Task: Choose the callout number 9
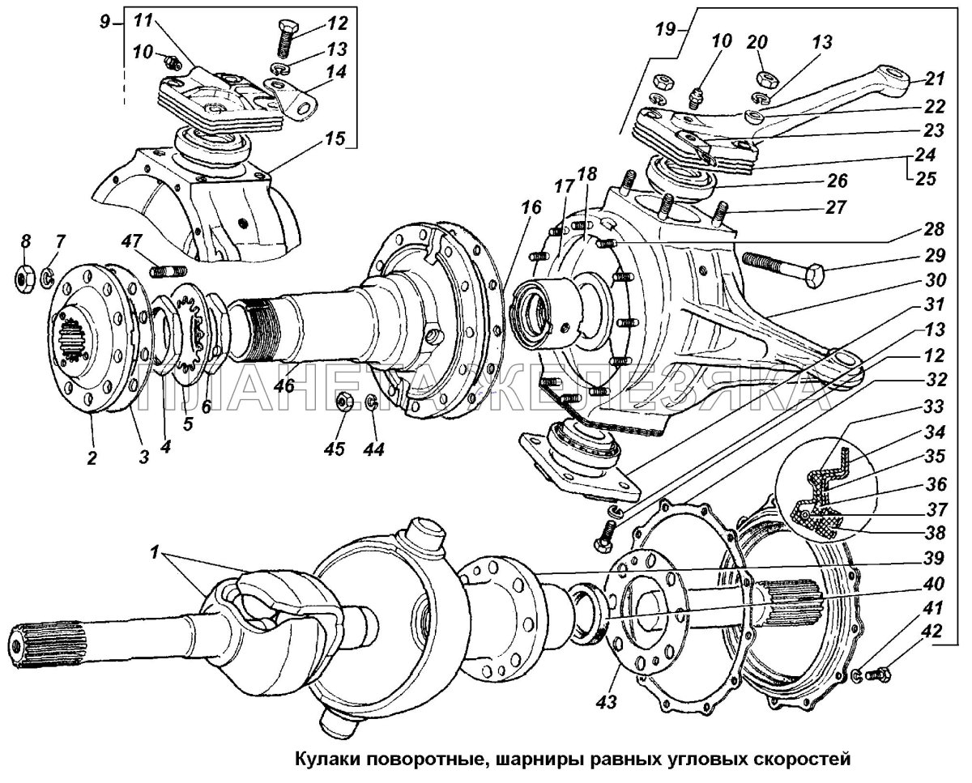click(104, 22)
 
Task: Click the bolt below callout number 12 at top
click(286, 39)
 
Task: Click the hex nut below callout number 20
click(763, 79)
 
